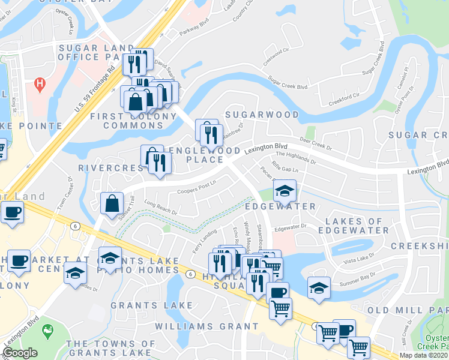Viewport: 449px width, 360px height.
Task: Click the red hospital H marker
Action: [x=40, y=82]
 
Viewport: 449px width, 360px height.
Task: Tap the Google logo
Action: [x=20, y=353]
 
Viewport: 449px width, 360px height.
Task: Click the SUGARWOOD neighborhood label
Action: [x=261, y=114]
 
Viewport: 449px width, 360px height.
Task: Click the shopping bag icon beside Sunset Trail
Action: [x=112, y=203]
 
